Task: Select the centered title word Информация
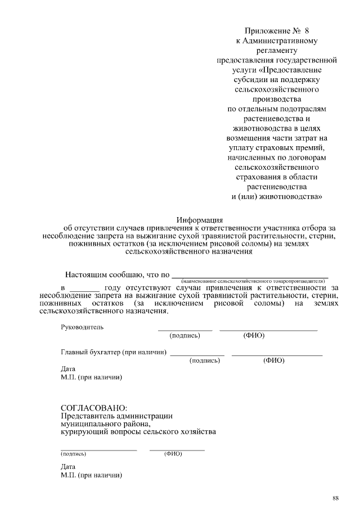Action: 200,219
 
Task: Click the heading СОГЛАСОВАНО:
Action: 94,407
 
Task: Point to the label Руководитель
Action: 82,327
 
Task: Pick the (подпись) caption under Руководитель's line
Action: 184,336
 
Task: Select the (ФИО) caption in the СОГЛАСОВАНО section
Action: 173,453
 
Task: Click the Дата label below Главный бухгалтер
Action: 67,369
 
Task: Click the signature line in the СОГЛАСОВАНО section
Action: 98,450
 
